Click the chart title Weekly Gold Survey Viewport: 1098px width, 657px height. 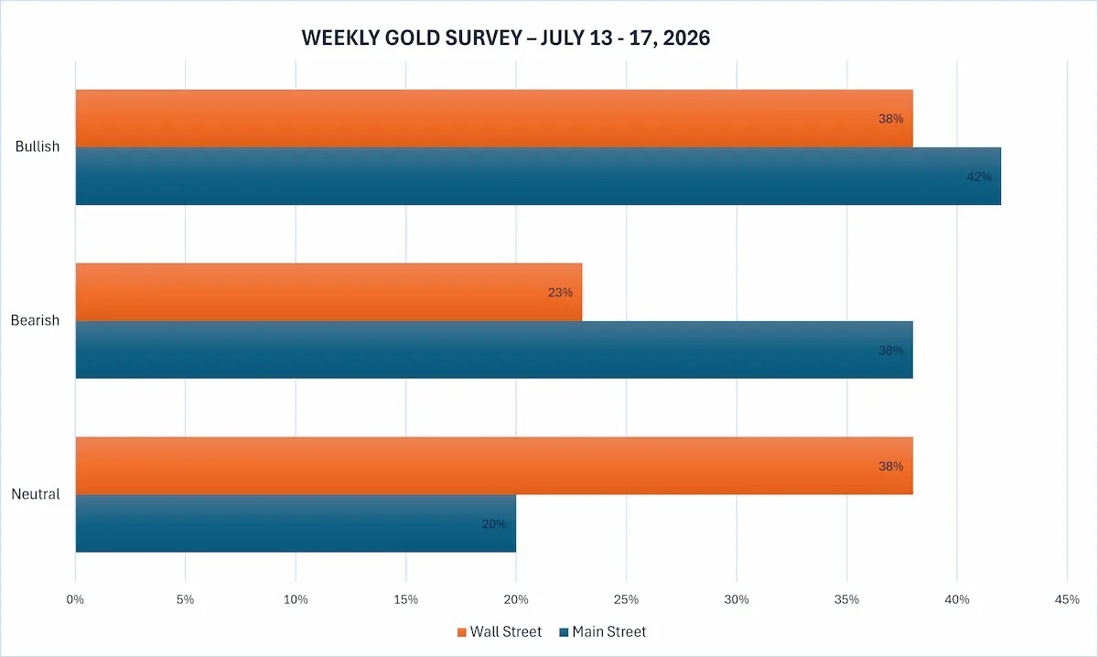505,38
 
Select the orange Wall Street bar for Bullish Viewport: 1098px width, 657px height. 494,118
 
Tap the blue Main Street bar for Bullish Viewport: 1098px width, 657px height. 538,176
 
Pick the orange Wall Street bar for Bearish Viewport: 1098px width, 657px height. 328,292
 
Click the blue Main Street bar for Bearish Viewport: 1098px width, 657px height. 494,350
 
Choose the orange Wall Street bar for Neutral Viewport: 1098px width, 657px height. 494,466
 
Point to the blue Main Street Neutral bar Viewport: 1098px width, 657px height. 296,523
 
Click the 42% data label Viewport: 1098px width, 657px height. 979,177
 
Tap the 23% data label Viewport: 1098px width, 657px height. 560,292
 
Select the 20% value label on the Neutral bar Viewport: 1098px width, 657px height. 493,524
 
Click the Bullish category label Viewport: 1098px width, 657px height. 38,146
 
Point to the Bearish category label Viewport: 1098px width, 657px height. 35,320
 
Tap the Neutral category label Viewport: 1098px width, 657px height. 36,494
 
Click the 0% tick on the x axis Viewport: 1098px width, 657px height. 75,599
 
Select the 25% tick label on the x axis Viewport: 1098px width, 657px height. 627,599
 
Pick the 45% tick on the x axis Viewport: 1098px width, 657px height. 1067,599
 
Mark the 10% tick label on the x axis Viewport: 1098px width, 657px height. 296,599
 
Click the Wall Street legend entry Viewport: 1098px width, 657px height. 500,631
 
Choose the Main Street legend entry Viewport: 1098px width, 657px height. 603,631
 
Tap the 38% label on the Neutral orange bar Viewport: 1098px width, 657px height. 890,467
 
